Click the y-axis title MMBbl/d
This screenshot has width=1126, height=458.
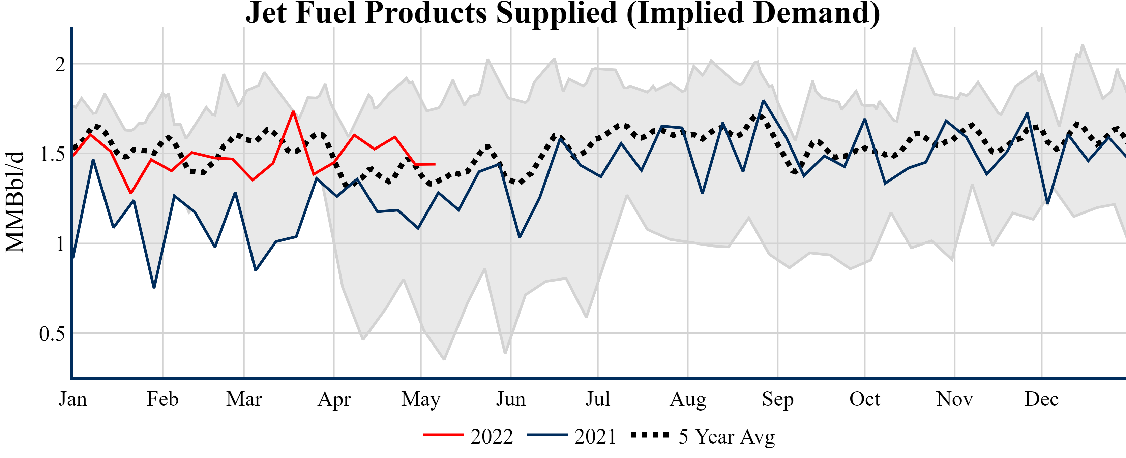tap(15, 202)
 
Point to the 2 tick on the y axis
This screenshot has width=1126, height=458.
tap(60, 65)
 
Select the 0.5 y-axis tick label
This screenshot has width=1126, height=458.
tap(52, 334)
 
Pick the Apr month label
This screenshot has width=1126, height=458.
tap(334, 399)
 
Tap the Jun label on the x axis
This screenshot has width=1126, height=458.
tap(510, 399)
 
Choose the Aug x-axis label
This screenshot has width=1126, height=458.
tap(688, 399)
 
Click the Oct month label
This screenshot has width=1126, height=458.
tap(865, 399)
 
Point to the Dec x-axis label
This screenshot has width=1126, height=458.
tap(1042, 399)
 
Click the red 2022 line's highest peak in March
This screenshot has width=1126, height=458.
tap(293, 111)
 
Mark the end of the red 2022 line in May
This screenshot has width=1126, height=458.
tap(435, 164)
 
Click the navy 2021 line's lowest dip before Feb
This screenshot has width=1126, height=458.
tap(154, 287)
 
